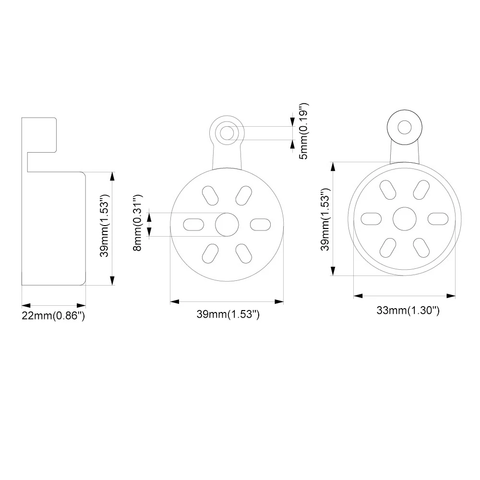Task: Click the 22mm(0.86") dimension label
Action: tap(53, 316)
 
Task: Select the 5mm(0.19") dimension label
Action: tap(302, 131)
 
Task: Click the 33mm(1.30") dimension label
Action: tap(408, 311)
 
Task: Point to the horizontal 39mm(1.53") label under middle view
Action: tap(228, 314)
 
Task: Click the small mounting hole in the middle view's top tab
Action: tap(227, 131)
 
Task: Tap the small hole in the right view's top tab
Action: tap(405, 127)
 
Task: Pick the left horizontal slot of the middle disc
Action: tap(193, 224)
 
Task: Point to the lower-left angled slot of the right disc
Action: tap(387, 247)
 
